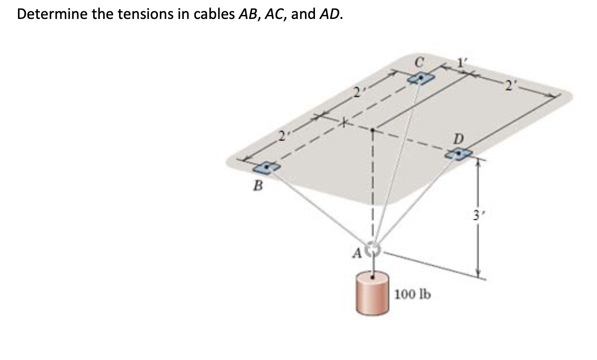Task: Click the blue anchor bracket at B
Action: pyautogui.click(x=269, y=167)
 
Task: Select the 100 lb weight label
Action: pyautogui.click(x=412, y=294)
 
